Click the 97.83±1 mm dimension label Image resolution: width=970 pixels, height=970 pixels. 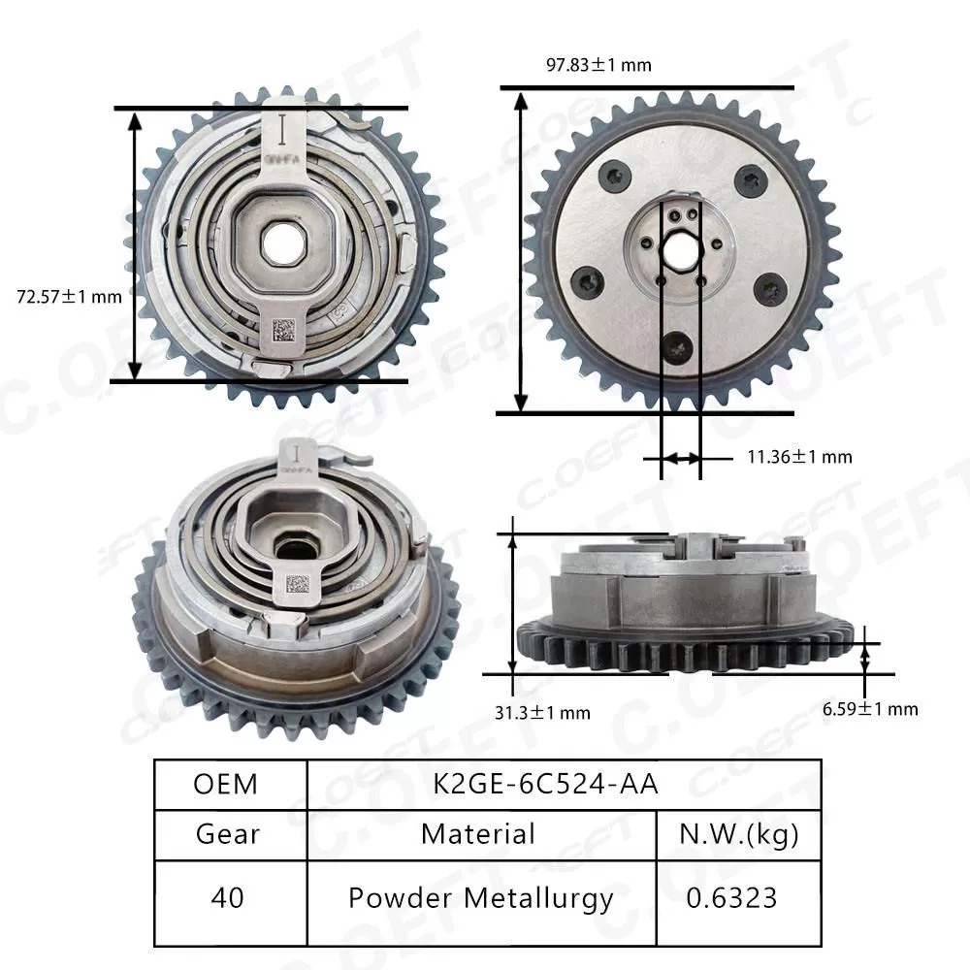pyautogui.click(x=598, y=65)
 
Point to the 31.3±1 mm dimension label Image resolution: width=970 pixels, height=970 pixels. pyautogui.click(x=542, y=713)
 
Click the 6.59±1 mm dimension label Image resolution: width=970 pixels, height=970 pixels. pyautogui.click(x=869, y=709)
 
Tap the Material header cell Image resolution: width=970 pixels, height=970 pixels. pyautogui.click(x=479, y=834)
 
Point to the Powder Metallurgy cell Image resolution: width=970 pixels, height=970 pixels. pyautogui.click(x=479, y=898)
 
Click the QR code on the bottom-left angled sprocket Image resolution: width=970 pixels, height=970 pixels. pyautogui.click(x=297, y=585)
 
